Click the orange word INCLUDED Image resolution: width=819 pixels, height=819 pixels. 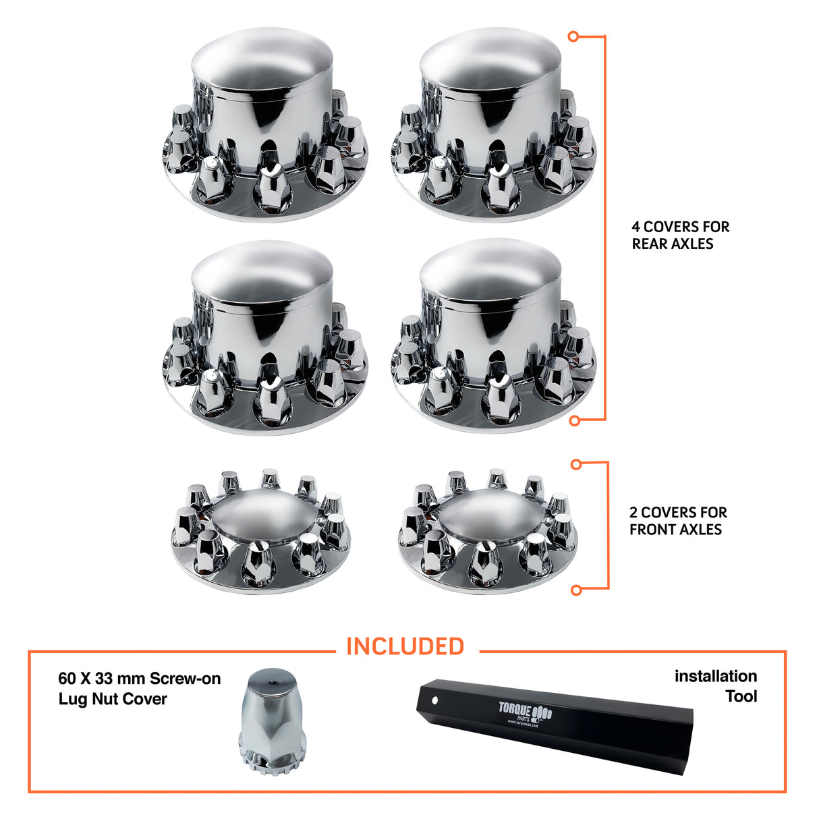405,646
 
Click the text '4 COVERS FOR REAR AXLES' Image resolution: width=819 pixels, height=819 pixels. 680,235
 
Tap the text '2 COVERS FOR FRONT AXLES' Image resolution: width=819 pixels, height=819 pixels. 678,521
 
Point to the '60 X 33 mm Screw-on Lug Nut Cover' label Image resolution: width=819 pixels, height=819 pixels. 139,689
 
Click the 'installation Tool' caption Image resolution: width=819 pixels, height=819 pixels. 716,685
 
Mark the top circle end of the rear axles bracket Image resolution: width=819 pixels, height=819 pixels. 574,36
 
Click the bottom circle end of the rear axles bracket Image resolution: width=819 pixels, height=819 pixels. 575,421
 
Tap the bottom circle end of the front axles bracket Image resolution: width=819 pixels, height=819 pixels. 576,590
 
